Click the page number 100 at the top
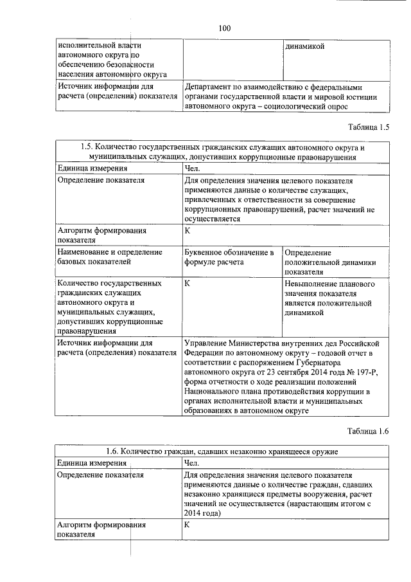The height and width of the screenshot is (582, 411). pyautogui.click(x=224, y=28)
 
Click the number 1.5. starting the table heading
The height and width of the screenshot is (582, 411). pyautogui.click(x=91, y=147)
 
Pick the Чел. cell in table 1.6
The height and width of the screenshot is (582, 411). pyautogui.click(x=192, y=462)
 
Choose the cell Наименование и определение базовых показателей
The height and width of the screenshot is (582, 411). pyautogui.click(x=110, y=257)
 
